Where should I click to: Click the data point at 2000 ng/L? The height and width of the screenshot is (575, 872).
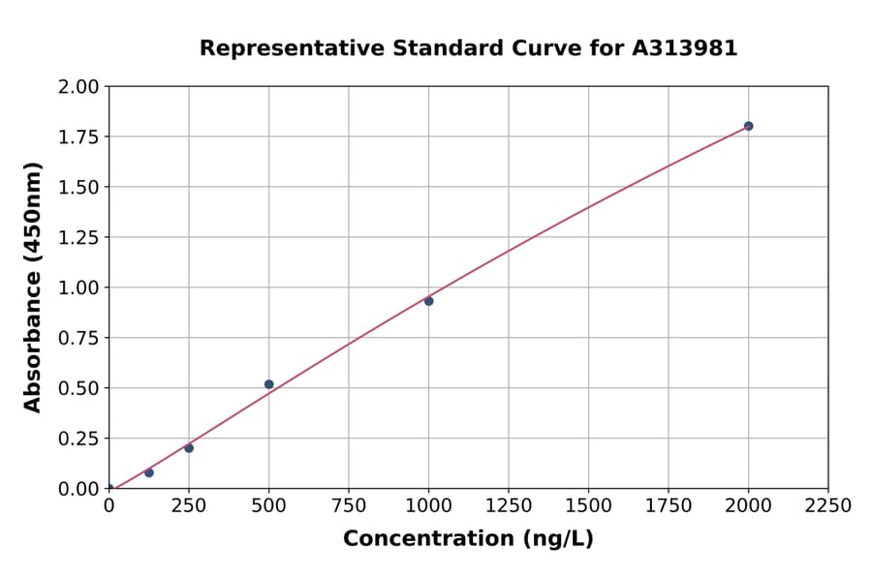tap(748, 126)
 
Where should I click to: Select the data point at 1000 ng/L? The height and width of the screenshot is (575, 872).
tap(428, 301)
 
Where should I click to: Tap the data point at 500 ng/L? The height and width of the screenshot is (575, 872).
tap(268, 384)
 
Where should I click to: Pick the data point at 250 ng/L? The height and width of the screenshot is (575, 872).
tap(189, 448)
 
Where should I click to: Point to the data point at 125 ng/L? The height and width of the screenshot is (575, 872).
tap(149, 472)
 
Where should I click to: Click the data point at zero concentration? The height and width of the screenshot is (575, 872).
tap(109, 488)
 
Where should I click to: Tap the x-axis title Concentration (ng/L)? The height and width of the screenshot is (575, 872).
tap(468, 539)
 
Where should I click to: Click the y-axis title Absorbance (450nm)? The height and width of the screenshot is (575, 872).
tap(33, 287)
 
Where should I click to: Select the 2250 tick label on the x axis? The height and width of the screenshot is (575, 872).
tap(828, 506)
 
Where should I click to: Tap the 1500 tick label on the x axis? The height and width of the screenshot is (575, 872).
tap(588, 506)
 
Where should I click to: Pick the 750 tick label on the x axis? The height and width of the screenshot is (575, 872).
tap(349, 506)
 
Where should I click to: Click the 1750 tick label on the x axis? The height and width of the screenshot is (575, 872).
tap(669, 506)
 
